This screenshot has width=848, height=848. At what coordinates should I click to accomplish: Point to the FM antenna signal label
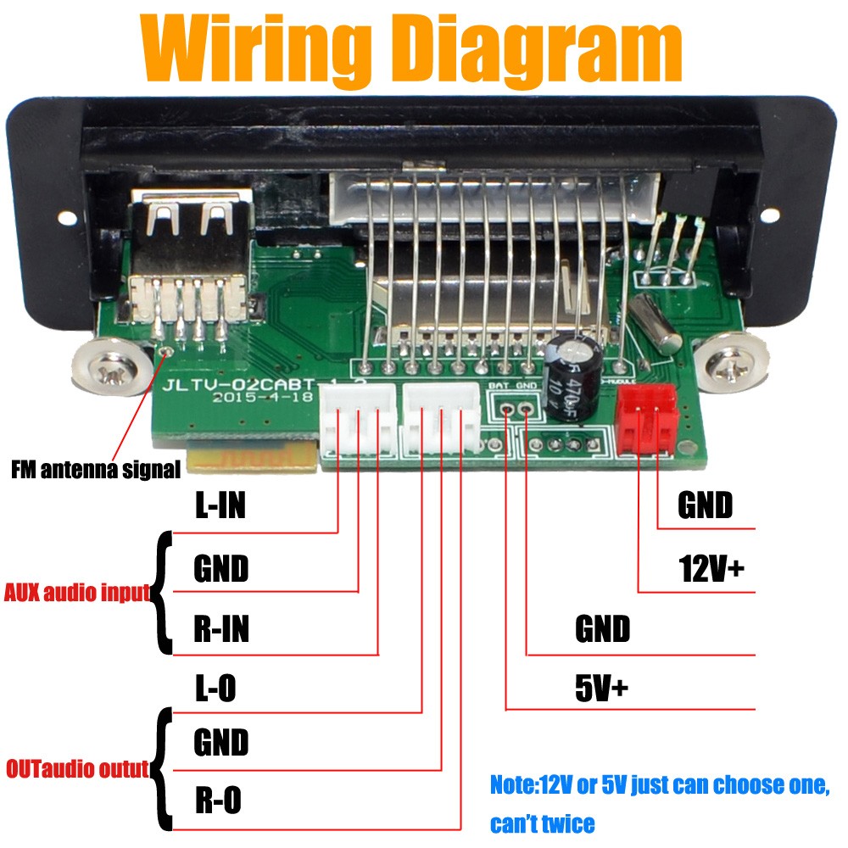[96, 468]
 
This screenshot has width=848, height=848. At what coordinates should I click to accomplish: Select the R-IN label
[220, 630]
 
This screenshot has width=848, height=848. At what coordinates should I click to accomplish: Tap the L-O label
[215, 689]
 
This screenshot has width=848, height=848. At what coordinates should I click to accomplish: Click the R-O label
[218, 800]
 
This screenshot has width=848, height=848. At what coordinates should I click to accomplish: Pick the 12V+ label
[711, 567]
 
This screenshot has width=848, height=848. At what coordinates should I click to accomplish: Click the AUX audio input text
[77, 592]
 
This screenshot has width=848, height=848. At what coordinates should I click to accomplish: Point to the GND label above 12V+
[705, 506]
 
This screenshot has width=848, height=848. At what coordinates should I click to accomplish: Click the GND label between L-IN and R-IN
[220, 568]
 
